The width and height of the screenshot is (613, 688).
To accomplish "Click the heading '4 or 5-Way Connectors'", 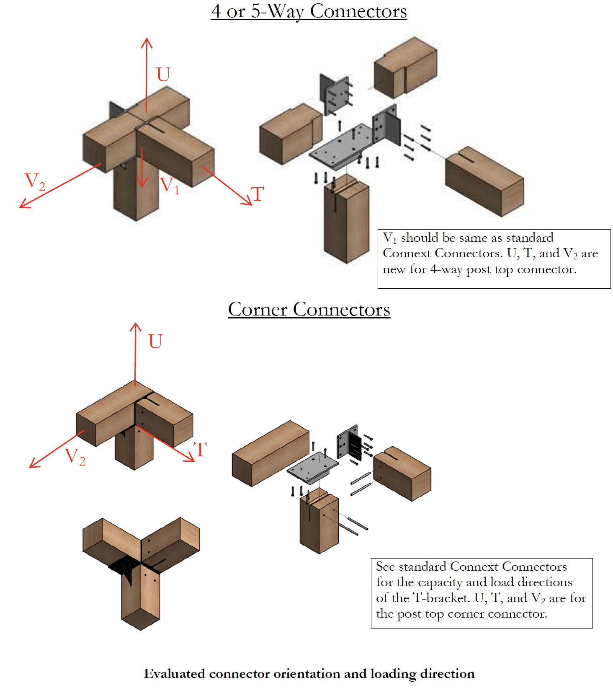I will (x=309, y=11).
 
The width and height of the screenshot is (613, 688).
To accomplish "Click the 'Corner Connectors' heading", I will (x=309, y=310).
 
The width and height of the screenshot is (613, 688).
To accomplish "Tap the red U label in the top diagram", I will (x=163, y=75).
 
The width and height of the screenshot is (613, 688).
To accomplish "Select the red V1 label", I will (x=169, y=185).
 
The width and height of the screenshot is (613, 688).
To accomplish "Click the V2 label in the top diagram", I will (x=34, y=182).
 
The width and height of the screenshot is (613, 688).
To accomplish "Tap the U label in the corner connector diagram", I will (x=155, y=341).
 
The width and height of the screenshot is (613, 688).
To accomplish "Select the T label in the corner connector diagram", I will (x=201, y=450).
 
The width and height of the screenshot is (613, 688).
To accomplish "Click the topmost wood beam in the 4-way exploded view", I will (x=405, y=66).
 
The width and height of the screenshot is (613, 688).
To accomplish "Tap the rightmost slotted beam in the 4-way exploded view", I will (x=484, y=181).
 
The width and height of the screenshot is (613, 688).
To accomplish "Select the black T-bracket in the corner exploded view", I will (x=350, y=443).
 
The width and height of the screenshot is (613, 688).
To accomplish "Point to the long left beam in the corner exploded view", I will (x=270, y=453).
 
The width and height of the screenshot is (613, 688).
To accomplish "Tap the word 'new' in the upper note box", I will (x=394, y=269).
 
